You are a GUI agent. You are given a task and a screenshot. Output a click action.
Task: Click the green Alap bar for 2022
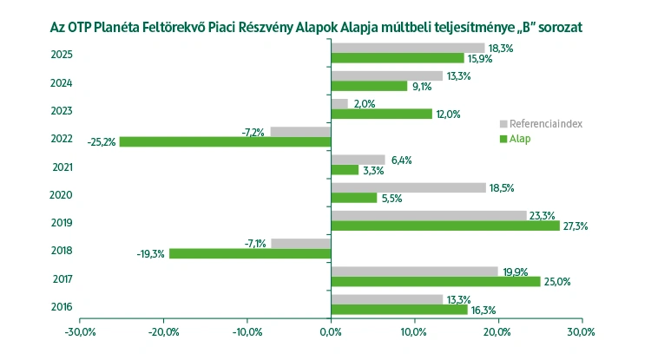[225, 141]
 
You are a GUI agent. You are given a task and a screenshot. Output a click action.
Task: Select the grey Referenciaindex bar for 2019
[429, 215]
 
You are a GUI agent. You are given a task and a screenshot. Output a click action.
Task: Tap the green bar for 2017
[436, 281]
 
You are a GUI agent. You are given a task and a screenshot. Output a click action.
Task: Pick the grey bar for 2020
[409, 187]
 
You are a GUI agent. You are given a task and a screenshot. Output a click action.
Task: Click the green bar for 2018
[250, 253]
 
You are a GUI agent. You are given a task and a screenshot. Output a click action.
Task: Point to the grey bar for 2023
[339, 104]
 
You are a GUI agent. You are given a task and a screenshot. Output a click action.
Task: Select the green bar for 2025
[398, 58]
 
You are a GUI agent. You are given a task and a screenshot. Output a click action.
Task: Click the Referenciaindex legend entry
[545, 123]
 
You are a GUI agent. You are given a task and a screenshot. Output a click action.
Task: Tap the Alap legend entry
[526, 138]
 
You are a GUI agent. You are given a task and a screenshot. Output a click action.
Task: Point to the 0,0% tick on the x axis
[331, 331]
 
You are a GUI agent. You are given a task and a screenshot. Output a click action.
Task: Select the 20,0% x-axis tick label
[497, 331]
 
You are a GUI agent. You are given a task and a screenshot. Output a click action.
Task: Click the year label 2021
[62, 167]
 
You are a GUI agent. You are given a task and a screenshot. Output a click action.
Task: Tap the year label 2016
[62, 306]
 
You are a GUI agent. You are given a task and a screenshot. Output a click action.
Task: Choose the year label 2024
[62, 83]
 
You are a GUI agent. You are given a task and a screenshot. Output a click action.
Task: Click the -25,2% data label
[102, 142]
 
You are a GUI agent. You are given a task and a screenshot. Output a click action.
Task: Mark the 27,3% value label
[575, 226]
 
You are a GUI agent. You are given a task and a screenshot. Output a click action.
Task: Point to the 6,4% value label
[401, 160]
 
